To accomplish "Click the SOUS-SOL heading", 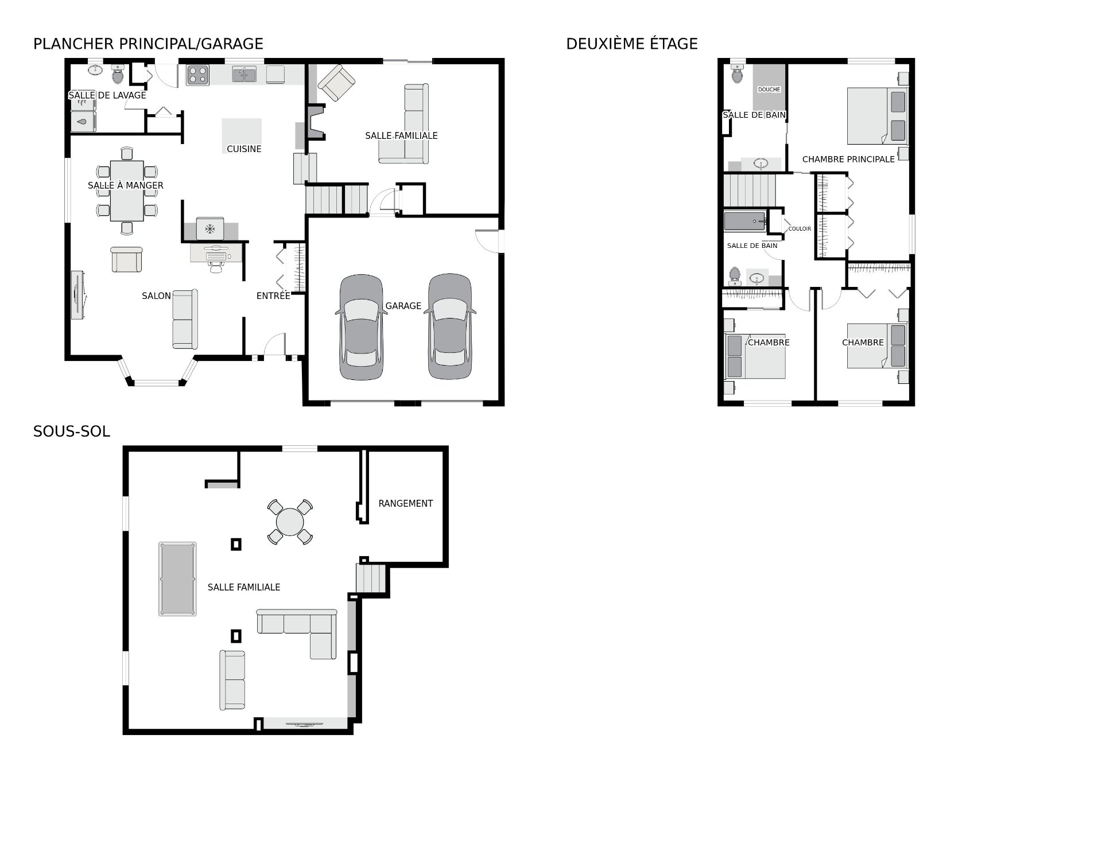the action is [71, 432].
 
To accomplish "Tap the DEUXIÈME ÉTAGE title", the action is [632, 44].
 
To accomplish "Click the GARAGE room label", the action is [403, 306].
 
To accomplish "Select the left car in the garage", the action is [360, 327].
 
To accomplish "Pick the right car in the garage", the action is [452, 327].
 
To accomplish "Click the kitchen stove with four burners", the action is [197, 75].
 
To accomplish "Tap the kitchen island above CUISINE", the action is [242, 131].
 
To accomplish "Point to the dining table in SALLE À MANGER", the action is [127, 191].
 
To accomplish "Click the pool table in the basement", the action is [177, 579].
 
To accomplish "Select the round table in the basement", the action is [290, 522].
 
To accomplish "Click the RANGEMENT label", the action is [405, 503].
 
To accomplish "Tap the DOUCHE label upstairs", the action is [769, 90].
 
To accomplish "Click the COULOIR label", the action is [800, 228].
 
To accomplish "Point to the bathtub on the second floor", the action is [746, 221].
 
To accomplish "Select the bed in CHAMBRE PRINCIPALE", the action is [878, 116].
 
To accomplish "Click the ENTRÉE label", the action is [273, 296].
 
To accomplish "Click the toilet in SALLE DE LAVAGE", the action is [118, 73].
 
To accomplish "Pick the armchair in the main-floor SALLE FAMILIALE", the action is [336, 83].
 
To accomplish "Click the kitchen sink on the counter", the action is [244, 74].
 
